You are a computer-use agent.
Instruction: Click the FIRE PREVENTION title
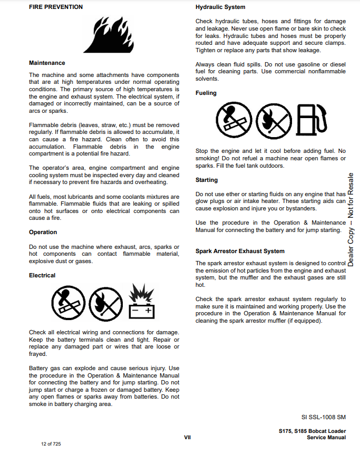[x=55, y=7]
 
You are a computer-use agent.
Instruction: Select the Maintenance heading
[x=47, y=63]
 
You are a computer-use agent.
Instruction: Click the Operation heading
[x=43, y=232]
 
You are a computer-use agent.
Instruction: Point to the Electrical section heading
[x=42, y=275]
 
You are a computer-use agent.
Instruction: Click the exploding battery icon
[x=142, y=302]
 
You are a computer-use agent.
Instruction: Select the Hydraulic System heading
[x=220, y=7]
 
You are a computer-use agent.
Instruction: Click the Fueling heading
[x=206, y=93]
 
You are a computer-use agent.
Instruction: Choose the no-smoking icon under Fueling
[x=233, y=119]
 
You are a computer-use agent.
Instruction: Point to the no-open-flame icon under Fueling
[x=273, y=119]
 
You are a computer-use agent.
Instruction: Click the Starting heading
[x=207, y=180]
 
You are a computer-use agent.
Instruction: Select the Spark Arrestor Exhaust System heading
[x=240, y=251]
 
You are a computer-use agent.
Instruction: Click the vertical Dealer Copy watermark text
[x=351, y=219]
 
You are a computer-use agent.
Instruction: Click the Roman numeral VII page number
[x=187, y=437]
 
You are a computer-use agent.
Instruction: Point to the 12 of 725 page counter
[x=51, y=444]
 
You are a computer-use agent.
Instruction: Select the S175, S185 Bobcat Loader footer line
[x=312, y=431]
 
